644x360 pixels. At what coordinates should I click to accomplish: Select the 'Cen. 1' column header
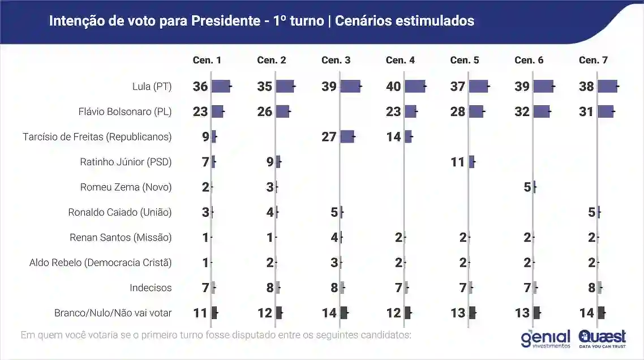point(207,60)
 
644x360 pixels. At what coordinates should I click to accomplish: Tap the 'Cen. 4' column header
point(400,60)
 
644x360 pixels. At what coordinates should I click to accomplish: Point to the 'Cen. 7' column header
point(593,60)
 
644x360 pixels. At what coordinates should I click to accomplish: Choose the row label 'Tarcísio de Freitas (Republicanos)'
point(97,136)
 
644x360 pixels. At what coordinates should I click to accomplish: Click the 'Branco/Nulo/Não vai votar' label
point(113,312)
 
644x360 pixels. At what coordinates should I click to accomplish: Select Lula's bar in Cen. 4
point(415,87)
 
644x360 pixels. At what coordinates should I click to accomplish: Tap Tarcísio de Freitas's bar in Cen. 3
point(347,136)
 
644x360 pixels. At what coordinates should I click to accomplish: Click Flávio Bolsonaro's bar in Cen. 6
point(541,112)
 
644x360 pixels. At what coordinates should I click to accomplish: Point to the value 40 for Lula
point(393,87)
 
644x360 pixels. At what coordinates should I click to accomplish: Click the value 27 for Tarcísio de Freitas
point(329,136)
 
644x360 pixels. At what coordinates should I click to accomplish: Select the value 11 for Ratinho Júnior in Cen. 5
point(457,162)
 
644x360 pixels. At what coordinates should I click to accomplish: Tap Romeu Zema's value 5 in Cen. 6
point(527,187)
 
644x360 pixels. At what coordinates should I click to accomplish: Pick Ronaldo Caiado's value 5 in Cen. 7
point(591,212)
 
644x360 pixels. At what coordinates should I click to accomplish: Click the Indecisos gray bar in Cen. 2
point(278,288)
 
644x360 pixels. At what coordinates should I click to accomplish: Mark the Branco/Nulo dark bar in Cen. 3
point(344,312)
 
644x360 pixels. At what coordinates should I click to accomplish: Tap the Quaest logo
point(602,338)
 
